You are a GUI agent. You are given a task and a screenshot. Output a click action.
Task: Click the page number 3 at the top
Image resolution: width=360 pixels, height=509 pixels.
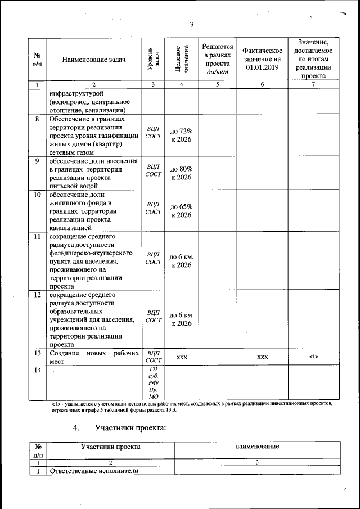pyautogui.click(x=191, y=24)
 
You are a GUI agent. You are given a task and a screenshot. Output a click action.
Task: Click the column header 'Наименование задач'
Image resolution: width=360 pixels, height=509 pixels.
pyautogui.click(x=94, y=60)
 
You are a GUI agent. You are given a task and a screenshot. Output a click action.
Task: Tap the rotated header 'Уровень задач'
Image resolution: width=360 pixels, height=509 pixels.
pyautogui.click(x=154, y=60)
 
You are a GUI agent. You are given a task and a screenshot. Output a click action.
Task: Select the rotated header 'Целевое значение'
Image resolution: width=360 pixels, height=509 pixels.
pyautogui.click(x=181, y=59)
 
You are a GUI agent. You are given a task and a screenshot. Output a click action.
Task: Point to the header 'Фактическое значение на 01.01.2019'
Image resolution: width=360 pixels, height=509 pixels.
pyautogui.click(x=262, y=59)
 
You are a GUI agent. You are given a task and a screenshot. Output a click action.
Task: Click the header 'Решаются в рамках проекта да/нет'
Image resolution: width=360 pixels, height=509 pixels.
pyautogui.click(x=218, y=59)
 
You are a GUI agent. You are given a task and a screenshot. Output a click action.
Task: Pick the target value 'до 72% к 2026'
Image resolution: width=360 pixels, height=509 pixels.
pyautogui.click(x=181, y=135)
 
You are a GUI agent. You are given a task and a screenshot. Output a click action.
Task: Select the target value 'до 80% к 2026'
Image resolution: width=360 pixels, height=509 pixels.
pyautogui.click(x=181, y=173)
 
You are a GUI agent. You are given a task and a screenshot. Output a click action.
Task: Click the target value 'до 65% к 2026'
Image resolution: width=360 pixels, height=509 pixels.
pyautogui.click(x=181, y=211)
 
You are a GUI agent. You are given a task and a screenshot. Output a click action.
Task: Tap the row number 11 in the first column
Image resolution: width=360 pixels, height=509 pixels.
pyautogui.click(x=37, y=237)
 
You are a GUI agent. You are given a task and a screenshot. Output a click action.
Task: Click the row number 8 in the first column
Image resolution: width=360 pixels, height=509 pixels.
pyautogui.click(x=37, y=119)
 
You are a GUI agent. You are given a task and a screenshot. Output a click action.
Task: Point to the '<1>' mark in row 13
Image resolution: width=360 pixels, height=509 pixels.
pyautogui.click(x=313, y=357)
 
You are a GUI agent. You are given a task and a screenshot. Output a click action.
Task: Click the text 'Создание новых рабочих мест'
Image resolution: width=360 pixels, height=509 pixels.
pyautogui.click(x=94, y=357)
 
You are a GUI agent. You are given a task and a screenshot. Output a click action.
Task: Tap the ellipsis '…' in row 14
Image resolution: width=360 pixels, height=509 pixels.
pyautogui.click(x=53, y=371)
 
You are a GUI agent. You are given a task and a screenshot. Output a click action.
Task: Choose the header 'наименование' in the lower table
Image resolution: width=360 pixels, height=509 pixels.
pyautogui.click(x=257, y=447)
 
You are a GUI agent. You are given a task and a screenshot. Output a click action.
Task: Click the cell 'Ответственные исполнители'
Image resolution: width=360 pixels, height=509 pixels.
pyautogui.click(x=86, y=471)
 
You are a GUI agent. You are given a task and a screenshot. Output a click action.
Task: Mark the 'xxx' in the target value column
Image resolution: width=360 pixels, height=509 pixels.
pyautogui.click(x=181, y=357)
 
